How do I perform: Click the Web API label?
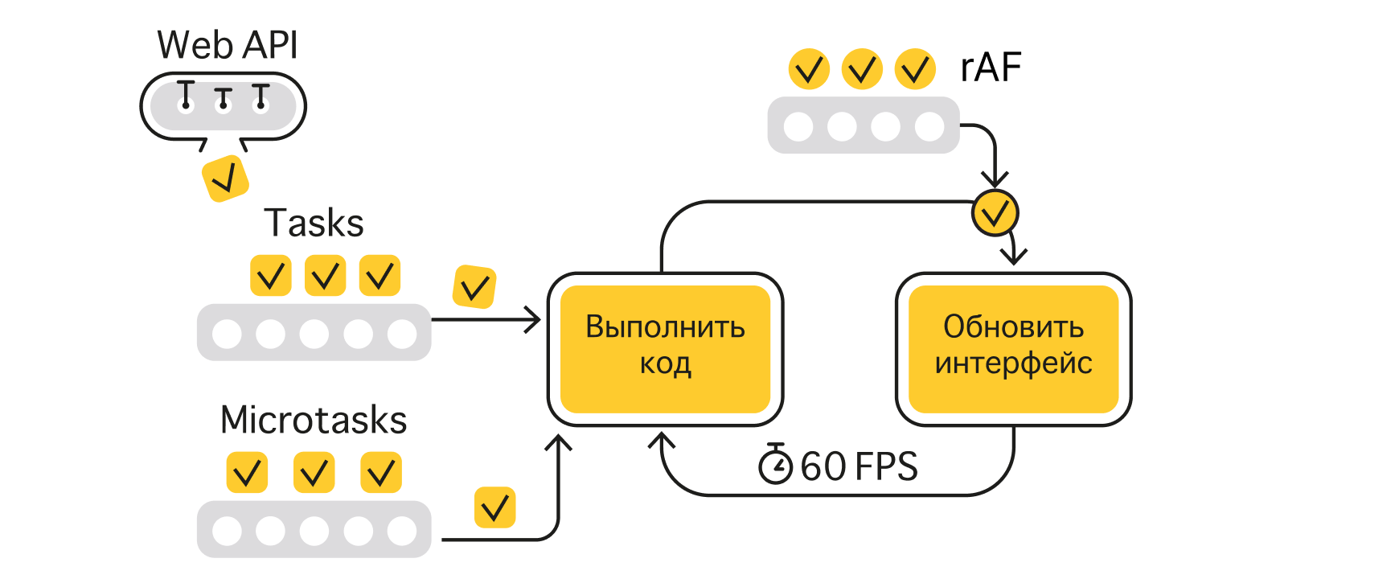click(228, 45)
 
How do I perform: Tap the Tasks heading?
click(314, 223)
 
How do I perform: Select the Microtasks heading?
click(314, 420)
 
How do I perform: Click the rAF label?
click(991, 68)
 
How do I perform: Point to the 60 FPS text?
click(859, 466)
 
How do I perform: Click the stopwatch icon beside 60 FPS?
click(776, 464)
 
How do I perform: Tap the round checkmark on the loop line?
click(995, 213)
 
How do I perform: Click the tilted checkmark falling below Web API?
click(225, 179)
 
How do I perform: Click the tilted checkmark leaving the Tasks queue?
click(474, 287)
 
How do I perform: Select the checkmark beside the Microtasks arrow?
click(494, 507)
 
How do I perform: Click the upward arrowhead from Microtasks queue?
click(558, 442)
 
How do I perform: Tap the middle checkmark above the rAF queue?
click(862, 69)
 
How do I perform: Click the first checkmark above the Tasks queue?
click(271, 276)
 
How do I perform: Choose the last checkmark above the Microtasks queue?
click(380, 472)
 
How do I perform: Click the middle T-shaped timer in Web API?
click(224, 99)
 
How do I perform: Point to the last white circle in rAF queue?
click(929, 126)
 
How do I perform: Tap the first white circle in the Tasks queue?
click(227, 333)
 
